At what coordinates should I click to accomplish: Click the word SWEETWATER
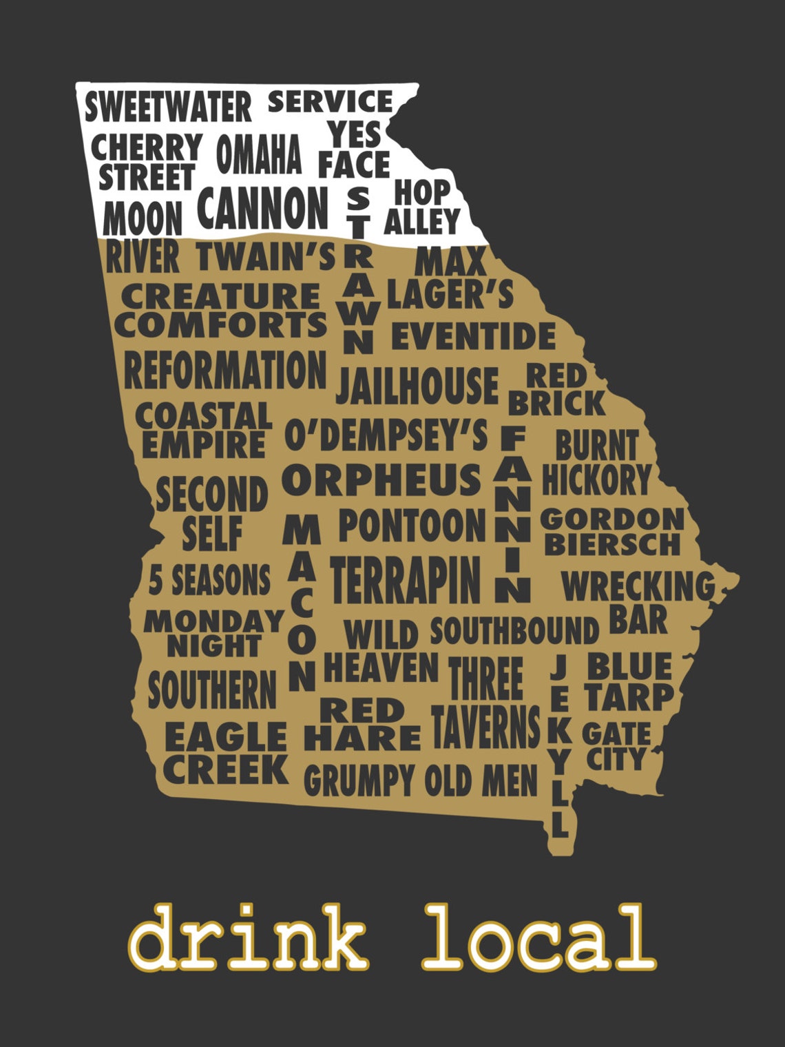click(168, 107)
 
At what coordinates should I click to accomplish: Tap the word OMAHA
click(259, 154)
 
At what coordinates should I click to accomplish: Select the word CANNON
click(263, 207)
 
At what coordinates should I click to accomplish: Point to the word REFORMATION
click(224, 371)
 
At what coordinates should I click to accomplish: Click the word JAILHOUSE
click(417, 386)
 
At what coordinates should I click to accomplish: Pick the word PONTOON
click(412, 526)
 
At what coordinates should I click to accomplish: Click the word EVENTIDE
click(473, 337)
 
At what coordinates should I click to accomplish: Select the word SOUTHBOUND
click(514, 631)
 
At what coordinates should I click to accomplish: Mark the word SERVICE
click(330, 103)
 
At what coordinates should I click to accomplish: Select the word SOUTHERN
click(212, 690)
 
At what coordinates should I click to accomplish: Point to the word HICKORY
click(596, 479)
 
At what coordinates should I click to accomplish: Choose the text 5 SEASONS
click(209, 580)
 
